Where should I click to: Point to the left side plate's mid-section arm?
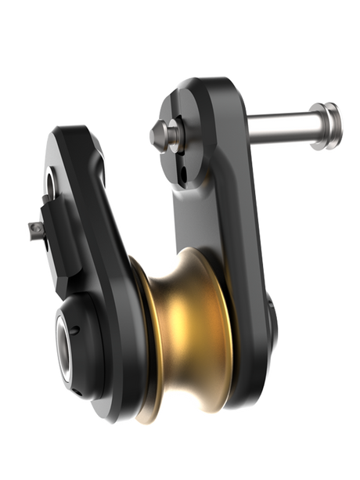110,219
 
